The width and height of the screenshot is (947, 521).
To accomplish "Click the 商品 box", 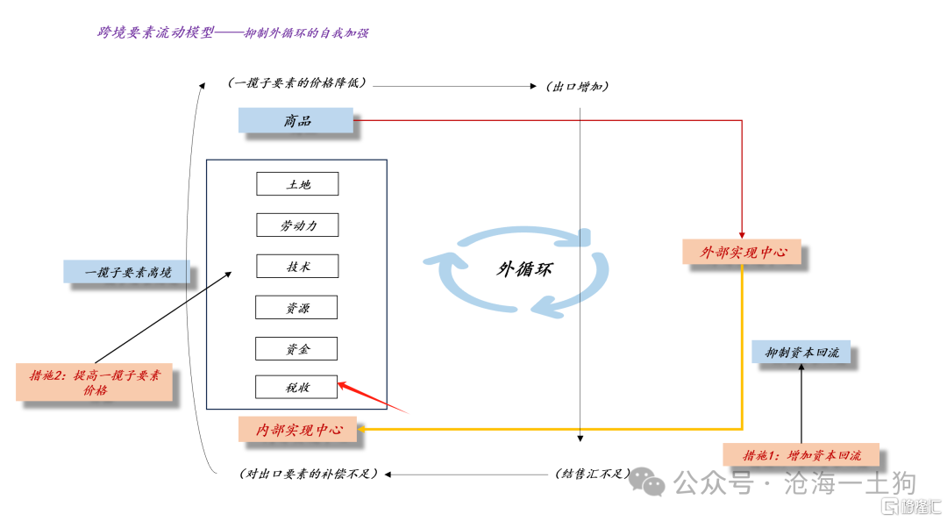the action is [296, 120].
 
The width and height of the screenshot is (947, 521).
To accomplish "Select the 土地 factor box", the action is [297, 183].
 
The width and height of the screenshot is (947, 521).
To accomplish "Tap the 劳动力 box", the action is [297, 225].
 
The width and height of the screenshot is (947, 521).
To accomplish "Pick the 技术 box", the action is [297, 266].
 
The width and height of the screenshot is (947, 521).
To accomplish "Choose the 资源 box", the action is [296, 307].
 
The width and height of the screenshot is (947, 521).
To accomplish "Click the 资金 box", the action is [296, 348].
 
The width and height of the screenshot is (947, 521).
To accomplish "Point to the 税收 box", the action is [296, 387].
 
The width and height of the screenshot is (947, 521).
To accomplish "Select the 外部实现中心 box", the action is [743, 252].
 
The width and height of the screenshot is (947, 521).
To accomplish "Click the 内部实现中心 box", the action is [298, 429].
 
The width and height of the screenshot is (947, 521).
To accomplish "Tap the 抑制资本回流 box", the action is [801, 352].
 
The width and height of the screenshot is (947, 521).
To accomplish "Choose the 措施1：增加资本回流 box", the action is [801, 454].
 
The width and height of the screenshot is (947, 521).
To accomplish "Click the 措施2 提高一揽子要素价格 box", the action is [94, 382].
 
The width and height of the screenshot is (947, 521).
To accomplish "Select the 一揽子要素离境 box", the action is [127, 272].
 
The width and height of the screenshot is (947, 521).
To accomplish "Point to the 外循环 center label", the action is [524, 269].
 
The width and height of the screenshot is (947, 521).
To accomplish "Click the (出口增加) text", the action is [577, 87].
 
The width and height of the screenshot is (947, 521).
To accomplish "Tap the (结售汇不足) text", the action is [593, 474].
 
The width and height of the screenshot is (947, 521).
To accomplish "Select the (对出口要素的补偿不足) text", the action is [309, 474].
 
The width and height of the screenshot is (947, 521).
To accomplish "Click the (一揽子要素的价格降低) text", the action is [297, 82].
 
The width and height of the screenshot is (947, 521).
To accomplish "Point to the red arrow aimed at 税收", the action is [374, 397].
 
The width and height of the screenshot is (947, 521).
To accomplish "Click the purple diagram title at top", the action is [233, 32].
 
